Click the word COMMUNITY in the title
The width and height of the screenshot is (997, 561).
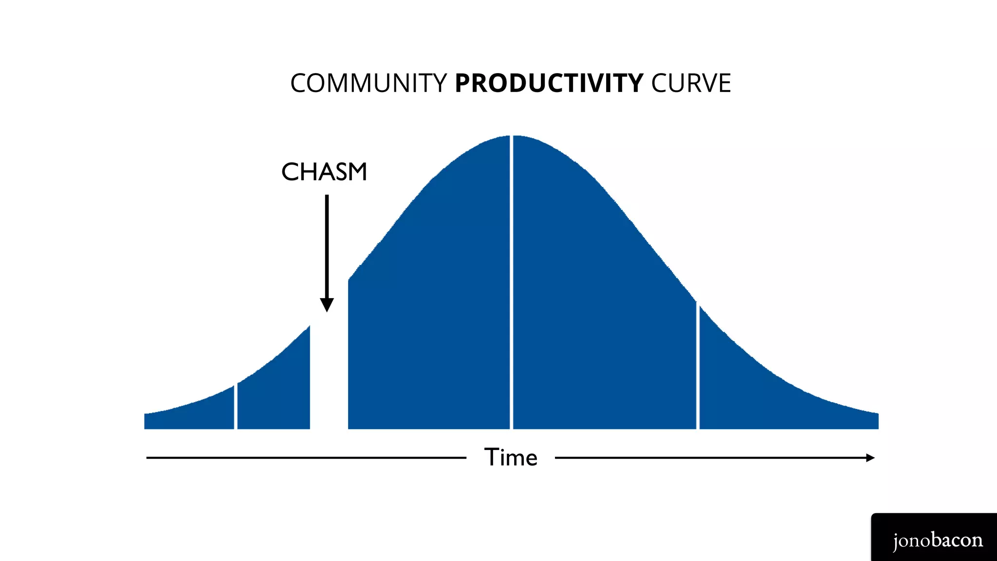click(368, 83)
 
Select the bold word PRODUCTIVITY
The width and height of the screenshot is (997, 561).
click(549, 83)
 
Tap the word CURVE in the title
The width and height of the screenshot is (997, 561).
click(691, 83)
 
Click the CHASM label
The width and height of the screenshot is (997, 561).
click(324, 172)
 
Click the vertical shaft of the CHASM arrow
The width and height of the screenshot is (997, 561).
click(327, 243)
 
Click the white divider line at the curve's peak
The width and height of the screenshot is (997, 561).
click(511, 282)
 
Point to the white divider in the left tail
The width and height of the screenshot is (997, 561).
click(236, 407)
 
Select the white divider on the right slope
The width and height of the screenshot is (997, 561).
click(698, 365)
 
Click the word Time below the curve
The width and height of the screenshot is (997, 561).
click(511, 458)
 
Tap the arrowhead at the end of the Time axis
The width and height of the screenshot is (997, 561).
click(870, 458)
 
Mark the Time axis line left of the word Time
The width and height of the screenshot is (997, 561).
click(307, 458)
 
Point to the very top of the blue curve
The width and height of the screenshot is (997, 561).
click(511, 136)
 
